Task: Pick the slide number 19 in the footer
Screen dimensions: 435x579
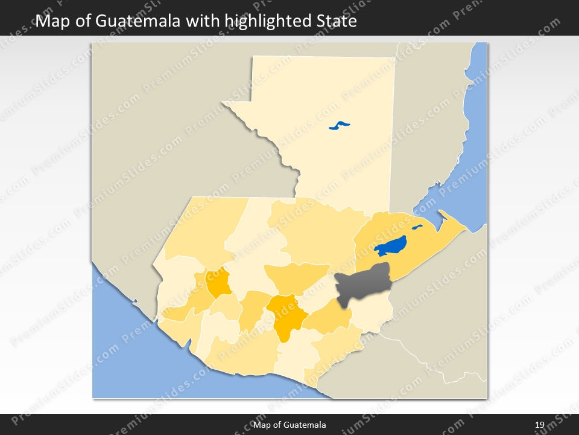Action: (x=540, y=425)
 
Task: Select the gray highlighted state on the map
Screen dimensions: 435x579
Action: (x=361, y=285)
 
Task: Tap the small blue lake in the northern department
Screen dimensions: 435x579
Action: (x=340, y=126)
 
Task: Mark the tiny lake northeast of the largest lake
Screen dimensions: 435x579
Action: (x=417, y=228)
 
